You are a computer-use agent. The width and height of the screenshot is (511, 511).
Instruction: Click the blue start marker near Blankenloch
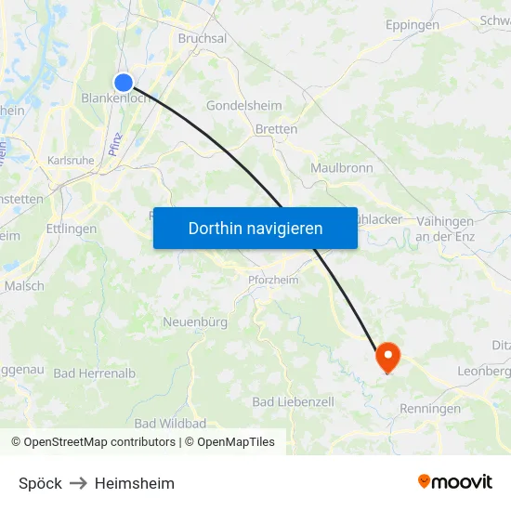pyautogui.click(x=124, y=83)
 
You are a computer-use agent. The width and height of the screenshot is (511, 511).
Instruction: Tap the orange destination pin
pyautogui.click(x=387, y=356)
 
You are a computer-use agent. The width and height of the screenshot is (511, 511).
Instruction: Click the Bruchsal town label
pyautogui.click(x=203, y=39)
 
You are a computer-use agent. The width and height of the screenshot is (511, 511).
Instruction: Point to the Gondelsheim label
pyautogui.click(x=243, y=106)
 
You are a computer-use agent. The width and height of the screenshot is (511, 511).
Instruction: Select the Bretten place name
pyautogui.click(x=276, y=129)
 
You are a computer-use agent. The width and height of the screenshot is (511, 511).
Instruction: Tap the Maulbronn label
pyautogui.click(x=342, y=168)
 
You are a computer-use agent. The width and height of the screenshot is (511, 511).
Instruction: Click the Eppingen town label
pyautogui.click(x=412, y=25)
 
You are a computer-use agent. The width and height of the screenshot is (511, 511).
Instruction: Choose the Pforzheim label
pyautogui.click(x=273, y=279)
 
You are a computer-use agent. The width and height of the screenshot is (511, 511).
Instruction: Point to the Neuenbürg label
pyautogui.click(x=195, y=322)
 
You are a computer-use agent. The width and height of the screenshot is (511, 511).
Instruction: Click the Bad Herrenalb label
pyautogui.click(x=94, y=373)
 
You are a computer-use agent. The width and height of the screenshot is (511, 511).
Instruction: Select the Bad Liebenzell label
pyautogui.click(x=293, y=401)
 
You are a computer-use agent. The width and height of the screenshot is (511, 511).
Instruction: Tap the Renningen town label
pyautogui.click(x=429, y=409)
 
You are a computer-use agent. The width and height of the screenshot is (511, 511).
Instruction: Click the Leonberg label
pyautogui.click(x=484, y=371)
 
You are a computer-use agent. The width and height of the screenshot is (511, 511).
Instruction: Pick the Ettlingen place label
pyautogui.click(x=71, y=228)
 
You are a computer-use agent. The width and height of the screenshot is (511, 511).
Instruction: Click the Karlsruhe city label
pyautogui.click(x=71, y=161)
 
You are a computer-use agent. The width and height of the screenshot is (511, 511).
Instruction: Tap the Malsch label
pyautogui.click(x=24, y=286)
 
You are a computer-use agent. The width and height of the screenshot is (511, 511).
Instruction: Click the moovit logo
pyautogui.click(x=454, y=481)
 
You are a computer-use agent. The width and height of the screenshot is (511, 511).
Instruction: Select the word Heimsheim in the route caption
pyautogui.click(x=135, y=483)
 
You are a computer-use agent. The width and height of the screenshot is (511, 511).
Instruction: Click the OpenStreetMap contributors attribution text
pyautogui.click(x=99, y=442)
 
